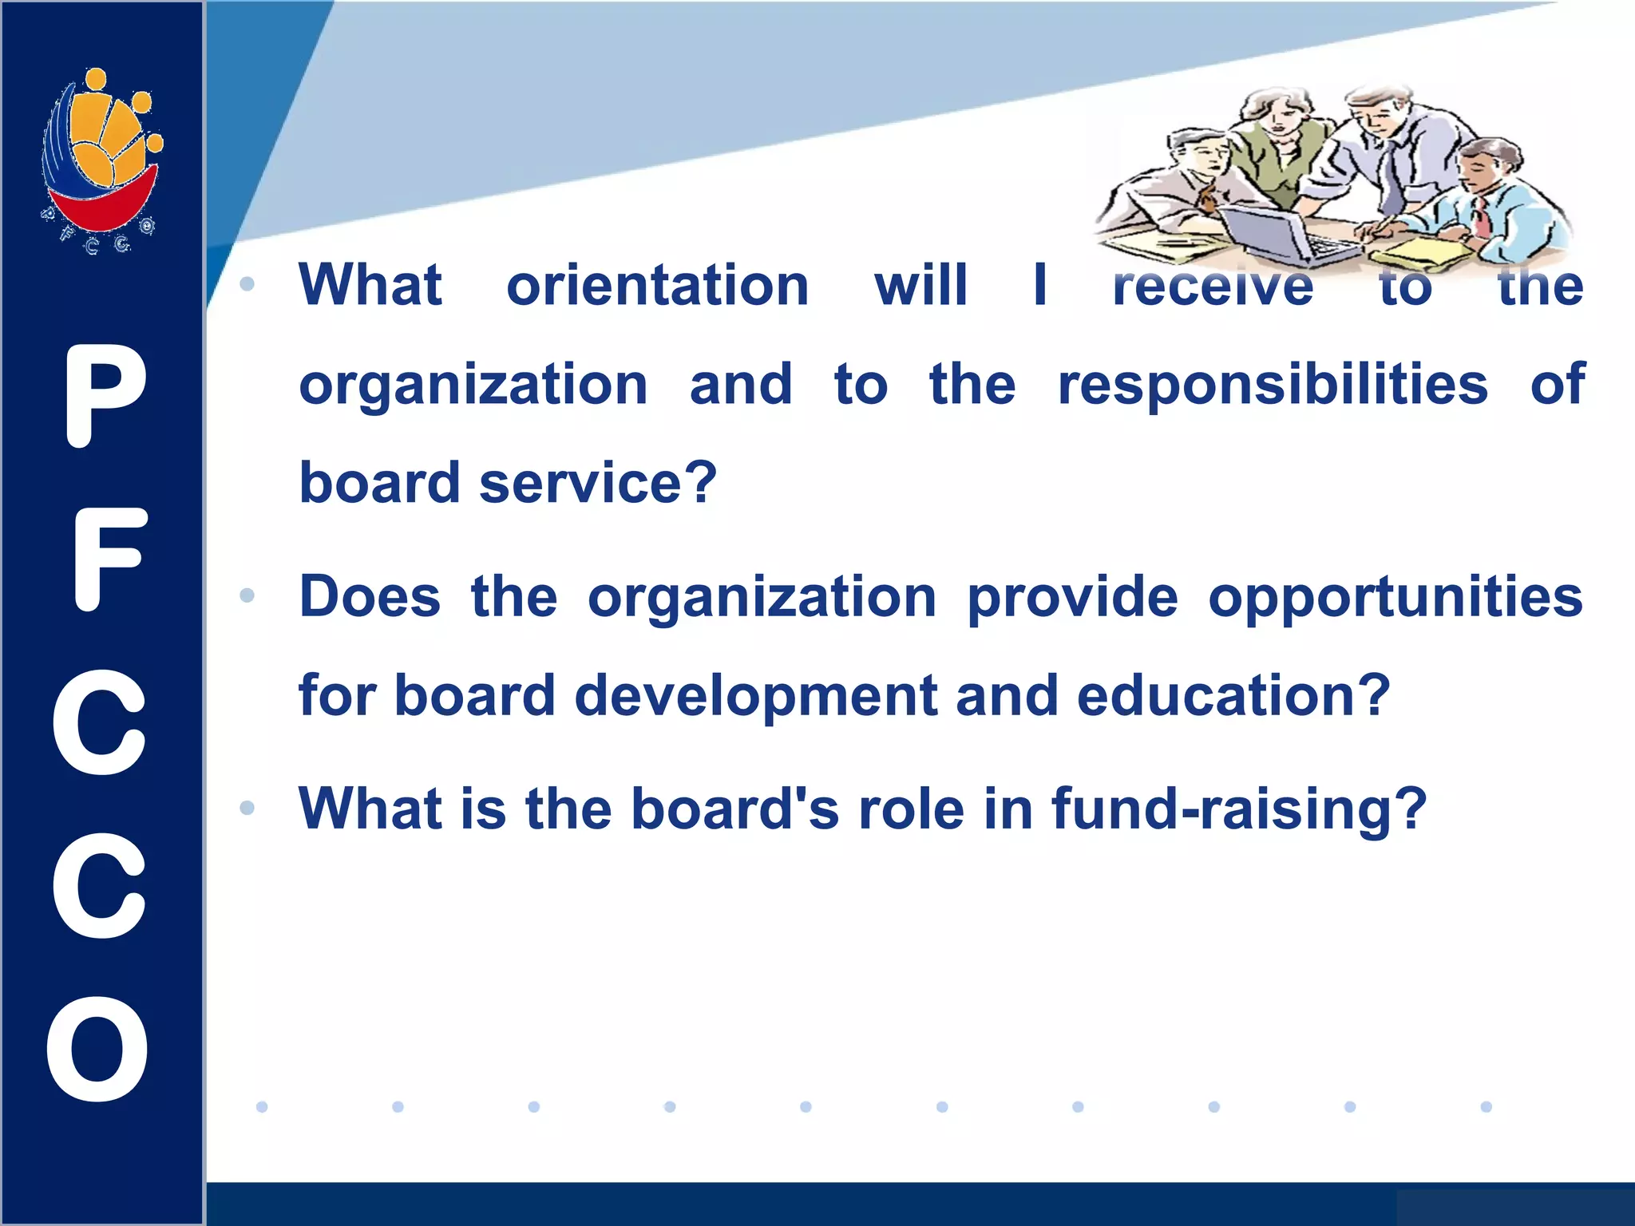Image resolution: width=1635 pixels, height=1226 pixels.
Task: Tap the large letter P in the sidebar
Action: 104,396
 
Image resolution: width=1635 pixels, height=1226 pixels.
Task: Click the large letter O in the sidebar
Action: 97,1049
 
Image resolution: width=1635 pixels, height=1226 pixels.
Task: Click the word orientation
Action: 658,285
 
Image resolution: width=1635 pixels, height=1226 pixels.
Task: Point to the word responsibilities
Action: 1273,386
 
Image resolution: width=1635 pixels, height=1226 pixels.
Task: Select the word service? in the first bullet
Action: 598,483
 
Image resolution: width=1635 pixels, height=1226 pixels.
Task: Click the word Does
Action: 370,597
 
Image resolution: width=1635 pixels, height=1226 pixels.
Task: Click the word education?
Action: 1233,695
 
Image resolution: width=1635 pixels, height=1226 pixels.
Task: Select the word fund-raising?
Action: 1239,809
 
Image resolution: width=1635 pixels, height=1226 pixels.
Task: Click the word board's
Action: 734,809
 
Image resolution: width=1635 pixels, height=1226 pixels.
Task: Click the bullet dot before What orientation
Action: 247,284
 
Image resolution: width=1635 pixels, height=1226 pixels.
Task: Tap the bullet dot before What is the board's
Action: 247,808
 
